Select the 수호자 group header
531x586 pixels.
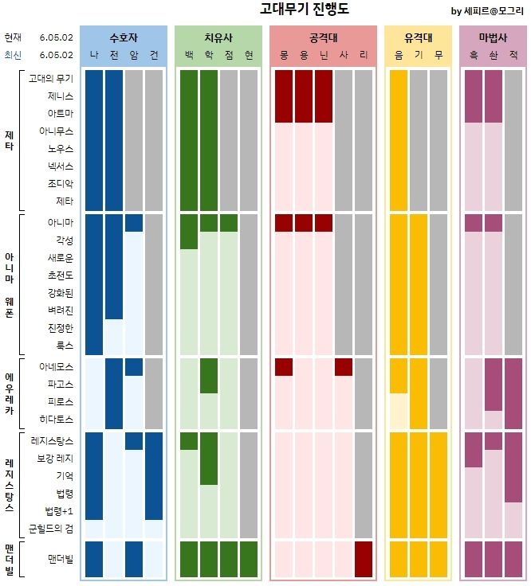[124, 37]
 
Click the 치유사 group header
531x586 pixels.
[218, 37]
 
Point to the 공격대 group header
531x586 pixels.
[323, 37]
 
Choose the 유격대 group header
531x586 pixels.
[419, 37]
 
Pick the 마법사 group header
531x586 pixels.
[493, 37]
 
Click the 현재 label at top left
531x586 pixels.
[13, 37]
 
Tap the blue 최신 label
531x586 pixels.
[13, 55]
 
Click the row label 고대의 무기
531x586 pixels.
[50, 78]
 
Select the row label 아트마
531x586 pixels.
[60, 113]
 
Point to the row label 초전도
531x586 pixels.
[60, 275]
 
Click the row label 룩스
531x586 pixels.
[65, 346]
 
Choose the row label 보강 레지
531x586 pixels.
[55, 459]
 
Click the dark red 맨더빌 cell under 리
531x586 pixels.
[364, 559]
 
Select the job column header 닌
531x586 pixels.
[324, 55]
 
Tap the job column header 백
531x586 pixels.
[189, 55]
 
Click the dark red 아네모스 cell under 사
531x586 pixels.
[344, 367]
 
